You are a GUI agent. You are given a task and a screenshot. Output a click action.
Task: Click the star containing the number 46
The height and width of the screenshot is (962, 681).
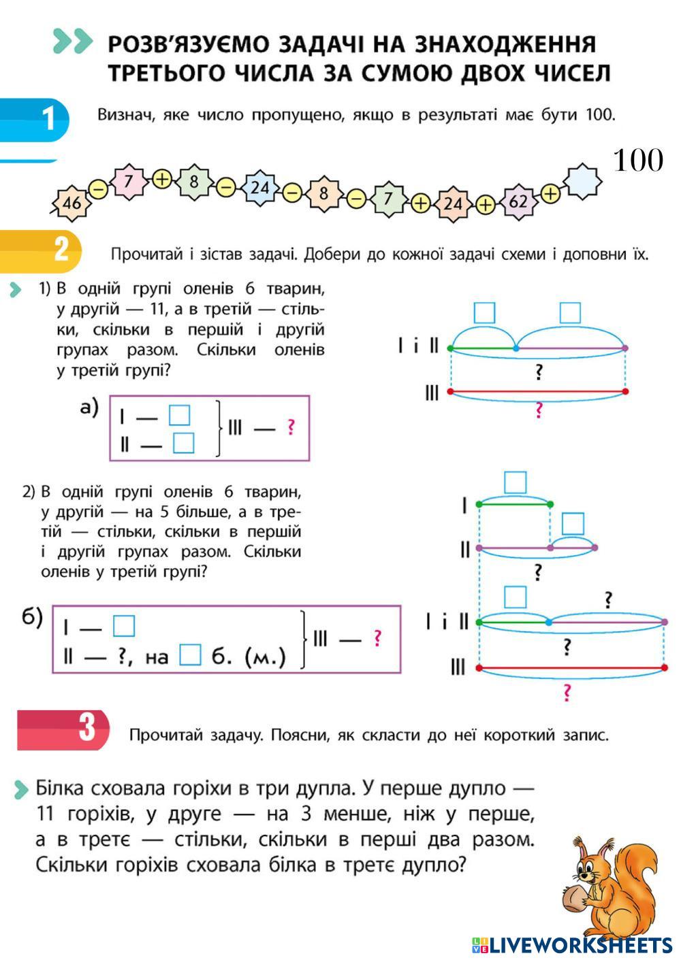(72, 203)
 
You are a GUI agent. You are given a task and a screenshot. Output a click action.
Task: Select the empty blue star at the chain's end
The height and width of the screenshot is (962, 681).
(582, 181)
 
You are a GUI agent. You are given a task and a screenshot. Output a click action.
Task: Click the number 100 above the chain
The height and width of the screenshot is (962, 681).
(638, 160)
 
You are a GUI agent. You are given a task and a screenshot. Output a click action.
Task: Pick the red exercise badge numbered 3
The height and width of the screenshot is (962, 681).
(63, 731)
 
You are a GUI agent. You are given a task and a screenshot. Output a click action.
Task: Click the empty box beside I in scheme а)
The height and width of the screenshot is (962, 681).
(179, 415)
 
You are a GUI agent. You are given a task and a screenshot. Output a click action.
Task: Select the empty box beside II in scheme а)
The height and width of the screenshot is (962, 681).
(184, 443)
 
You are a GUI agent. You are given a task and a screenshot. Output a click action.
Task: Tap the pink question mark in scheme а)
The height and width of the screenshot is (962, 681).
(291, 427)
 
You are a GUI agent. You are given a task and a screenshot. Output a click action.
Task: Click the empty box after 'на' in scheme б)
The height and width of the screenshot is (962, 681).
(190, 655)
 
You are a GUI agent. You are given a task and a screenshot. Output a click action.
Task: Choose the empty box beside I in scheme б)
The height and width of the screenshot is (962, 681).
(124, 626)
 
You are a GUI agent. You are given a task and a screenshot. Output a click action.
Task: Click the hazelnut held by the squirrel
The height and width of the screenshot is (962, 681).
(574, 897)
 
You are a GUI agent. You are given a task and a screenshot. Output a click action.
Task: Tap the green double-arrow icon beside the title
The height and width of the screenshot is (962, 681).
(73, 42)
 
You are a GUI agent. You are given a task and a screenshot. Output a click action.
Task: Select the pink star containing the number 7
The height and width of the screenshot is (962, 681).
(128, 182)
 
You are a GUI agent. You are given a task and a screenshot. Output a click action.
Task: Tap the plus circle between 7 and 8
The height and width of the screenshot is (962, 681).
(162, 179)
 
